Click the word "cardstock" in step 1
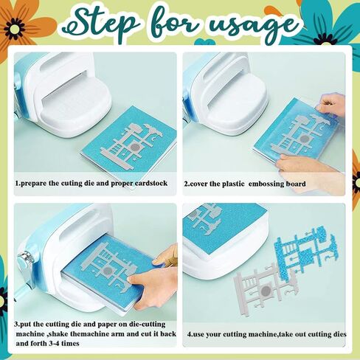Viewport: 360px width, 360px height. [150, 184]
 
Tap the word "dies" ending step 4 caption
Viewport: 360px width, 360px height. [339, 334]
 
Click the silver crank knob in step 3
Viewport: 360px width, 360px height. [24, 257]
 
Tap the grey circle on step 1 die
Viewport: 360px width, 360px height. [135, 147]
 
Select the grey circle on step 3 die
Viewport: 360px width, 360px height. [107, 271]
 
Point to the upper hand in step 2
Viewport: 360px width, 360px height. [330, 103]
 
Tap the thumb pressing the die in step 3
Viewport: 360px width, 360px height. [140, 278]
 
